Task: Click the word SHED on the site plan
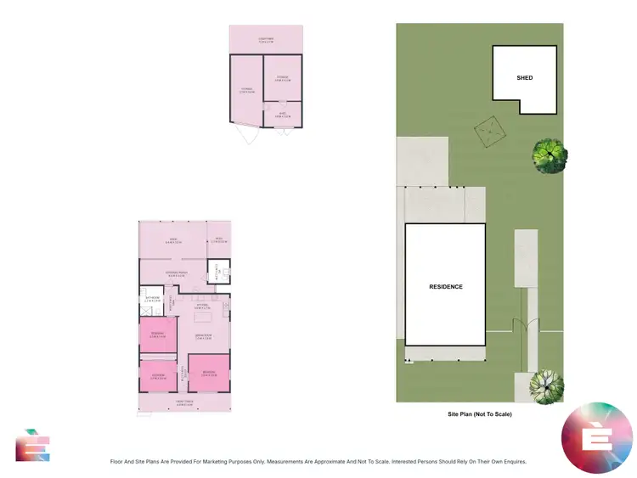click(525, 78)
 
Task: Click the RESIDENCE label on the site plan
click(446, 287)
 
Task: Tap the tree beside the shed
click(549, 155)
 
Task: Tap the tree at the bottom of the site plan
click(545, 386)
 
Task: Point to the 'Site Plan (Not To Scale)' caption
click(480, 414)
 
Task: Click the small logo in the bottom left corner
click(32, 445)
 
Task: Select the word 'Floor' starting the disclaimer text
click(119, 462)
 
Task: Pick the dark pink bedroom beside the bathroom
click(157, 334)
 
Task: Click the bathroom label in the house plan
click(153, 300)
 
